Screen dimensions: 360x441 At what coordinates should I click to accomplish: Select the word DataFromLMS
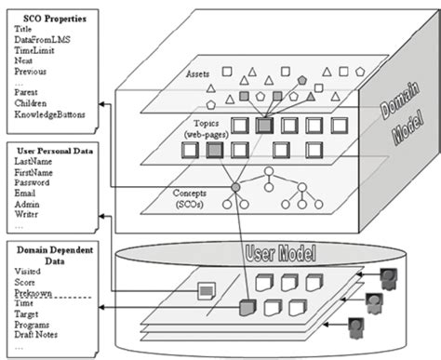[x=42, y=40]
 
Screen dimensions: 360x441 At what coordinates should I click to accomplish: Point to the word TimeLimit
[x=35, y=51]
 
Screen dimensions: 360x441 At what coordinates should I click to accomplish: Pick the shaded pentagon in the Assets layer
[x=302, y=80]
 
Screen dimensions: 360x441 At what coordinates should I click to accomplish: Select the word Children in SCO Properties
[x=33, y=104]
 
